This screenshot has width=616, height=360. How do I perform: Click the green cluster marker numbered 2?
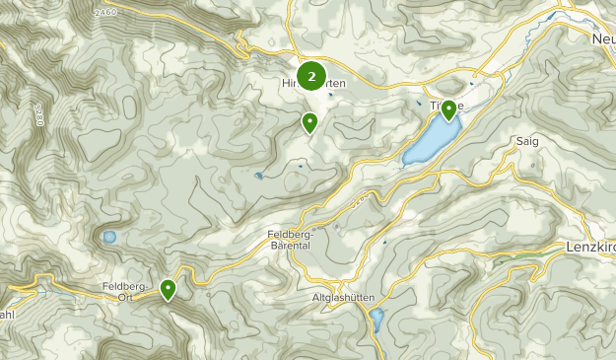(311, 75)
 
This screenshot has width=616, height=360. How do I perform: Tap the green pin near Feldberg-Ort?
(169, 289)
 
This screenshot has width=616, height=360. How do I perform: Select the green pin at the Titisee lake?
(448, 109)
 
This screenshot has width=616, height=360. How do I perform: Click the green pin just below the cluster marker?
(309, 122)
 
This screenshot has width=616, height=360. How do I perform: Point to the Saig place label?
(526, 142)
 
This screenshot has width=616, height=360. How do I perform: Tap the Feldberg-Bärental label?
(289, 239)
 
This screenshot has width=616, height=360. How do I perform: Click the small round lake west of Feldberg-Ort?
(108, 237)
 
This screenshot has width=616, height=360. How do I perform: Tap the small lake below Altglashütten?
(376, 319)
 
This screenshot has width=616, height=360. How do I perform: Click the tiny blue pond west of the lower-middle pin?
(258, 176)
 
